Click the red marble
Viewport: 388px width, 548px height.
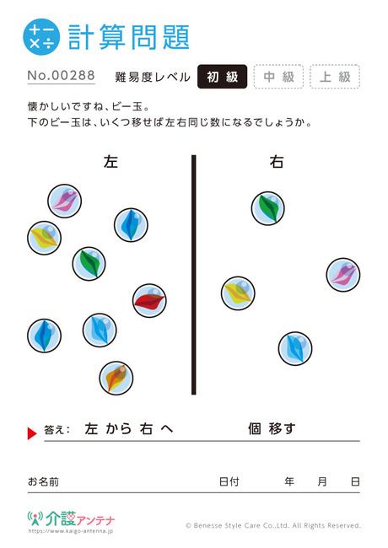click(x=149, y=301)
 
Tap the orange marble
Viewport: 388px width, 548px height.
click(x=116, y=378)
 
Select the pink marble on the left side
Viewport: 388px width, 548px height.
click(x=65, y=201)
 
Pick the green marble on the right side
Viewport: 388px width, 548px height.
click(x=268, y=208)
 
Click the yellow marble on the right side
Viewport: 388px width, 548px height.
click(x=238, y=293)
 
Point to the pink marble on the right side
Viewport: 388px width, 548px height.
click(x=343, y=275)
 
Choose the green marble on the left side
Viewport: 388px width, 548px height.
click(x=89, y=264)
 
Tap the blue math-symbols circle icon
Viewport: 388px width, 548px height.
click(x=41, y=37)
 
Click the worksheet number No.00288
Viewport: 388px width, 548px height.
click(x=62, y=76)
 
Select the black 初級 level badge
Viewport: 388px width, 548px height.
click(x=223, y=77)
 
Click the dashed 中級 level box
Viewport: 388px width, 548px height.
click(x=278, y=77)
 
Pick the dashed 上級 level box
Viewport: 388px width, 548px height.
click(x=335, y=77)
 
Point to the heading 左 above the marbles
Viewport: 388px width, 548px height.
click(x=110, y=162)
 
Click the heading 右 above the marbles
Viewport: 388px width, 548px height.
click(x=276, y=162)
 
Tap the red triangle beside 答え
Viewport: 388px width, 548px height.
click(x=32, y=433)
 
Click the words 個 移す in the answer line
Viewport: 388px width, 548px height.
click(x=272, y=428)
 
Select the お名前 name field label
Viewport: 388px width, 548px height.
click(x=43, y=481)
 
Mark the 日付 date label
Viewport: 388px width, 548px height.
click(x=229, y=481)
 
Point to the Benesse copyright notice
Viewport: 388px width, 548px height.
click(x=273, y=525)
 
